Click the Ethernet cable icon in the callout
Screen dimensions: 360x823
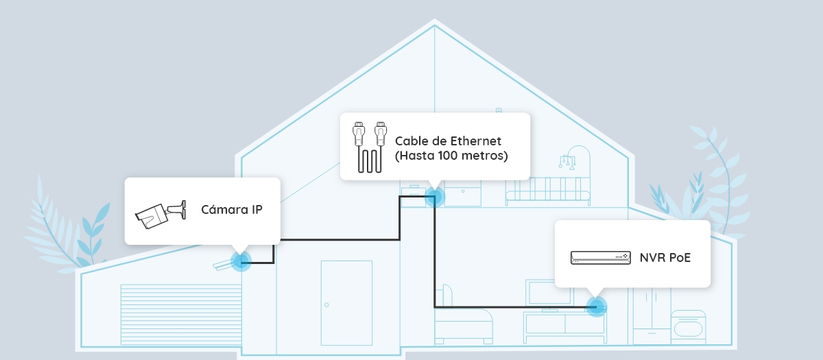pos(368,147)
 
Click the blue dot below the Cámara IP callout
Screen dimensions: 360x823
pos(241,261)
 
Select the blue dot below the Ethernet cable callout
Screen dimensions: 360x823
pos(435,197)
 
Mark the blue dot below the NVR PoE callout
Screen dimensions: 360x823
pos(597,306)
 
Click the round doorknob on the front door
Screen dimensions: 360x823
pos(327,304)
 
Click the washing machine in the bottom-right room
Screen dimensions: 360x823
pos(688,327)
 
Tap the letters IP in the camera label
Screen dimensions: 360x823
pos(254,210)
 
